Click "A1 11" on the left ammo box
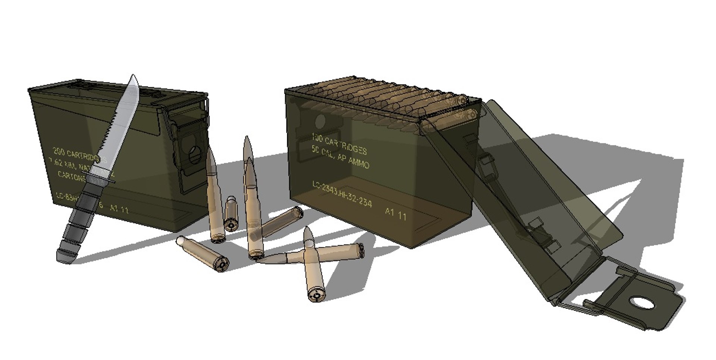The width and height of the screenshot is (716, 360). (119, 209)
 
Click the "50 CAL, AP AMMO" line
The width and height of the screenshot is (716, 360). (340, 157)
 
